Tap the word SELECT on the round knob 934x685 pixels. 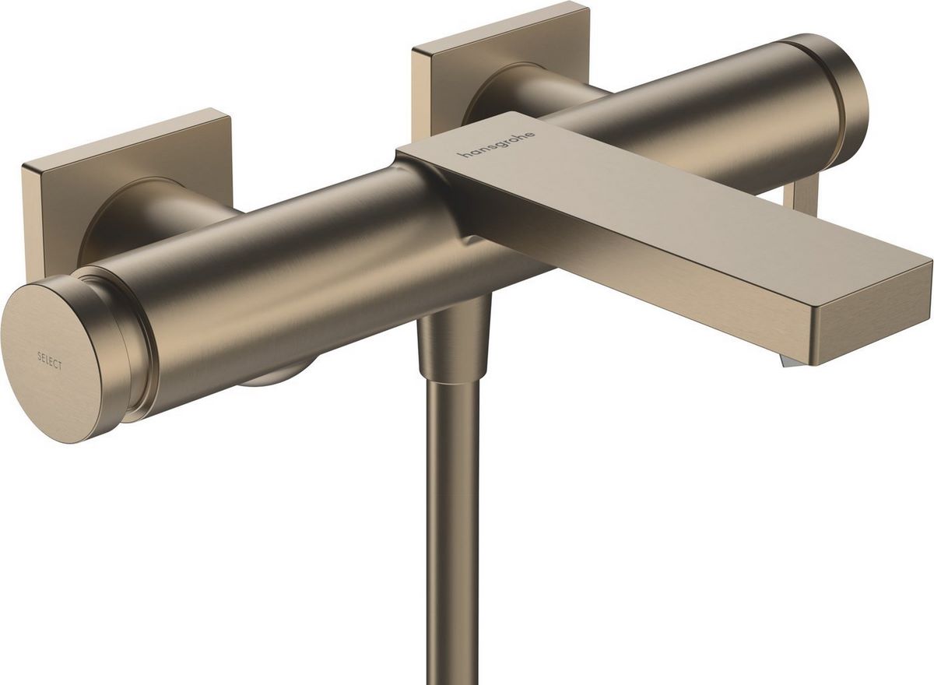click(x=50, y=359)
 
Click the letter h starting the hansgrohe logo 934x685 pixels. click(x=463, y=156)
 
